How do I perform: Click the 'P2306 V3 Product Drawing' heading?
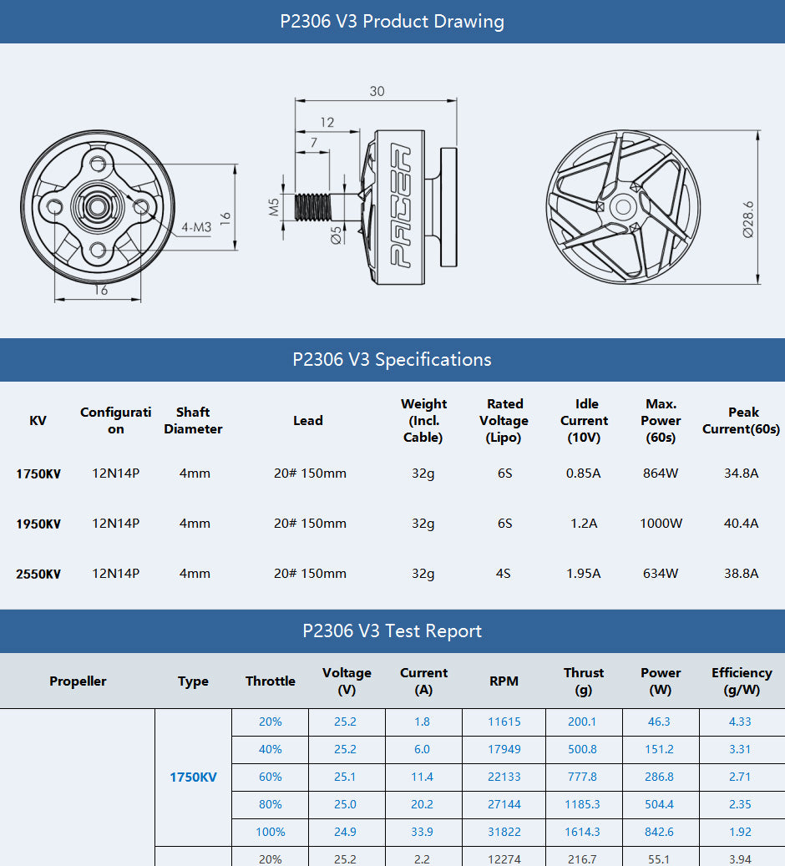392,22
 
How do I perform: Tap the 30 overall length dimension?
377,91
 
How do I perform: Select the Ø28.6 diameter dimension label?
747,220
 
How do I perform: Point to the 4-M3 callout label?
196,227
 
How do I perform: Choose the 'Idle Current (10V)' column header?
584,420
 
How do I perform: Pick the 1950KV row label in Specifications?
38,524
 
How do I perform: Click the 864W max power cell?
660,474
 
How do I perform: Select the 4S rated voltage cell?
504,574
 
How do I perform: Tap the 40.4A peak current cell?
741,524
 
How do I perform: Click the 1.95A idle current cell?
583,574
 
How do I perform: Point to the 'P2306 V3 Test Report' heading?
392,631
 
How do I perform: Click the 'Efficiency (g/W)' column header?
741,681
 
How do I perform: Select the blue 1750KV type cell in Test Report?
193,777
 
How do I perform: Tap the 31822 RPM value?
504,832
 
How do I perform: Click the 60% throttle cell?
270,777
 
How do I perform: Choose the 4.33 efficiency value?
739,722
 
